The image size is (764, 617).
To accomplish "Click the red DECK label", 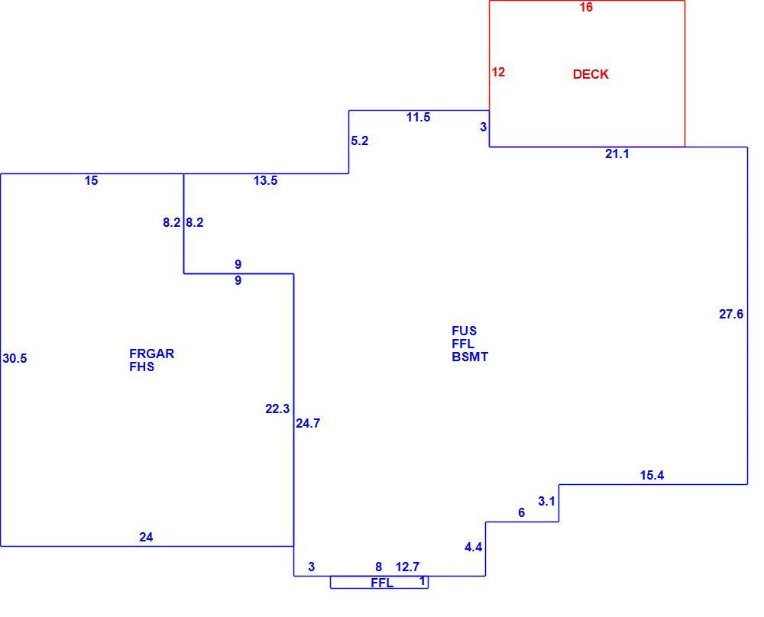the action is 591,74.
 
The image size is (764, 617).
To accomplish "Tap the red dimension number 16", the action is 586,8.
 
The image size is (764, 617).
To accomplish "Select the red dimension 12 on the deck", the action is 498,72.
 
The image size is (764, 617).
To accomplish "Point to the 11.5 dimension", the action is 419,117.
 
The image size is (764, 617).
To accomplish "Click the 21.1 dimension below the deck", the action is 617,154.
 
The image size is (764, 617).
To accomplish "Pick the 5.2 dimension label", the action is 360,141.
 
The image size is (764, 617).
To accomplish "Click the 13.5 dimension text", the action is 266,181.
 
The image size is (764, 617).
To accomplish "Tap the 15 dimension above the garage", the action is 91,181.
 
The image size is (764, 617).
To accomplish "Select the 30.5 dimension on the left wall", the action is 15,358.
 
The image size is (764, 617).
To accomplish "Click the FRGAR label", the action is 151,354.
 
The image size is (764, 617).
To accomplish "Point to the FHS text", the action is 142,367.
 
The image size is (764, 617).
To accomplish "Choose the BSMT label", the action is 470,357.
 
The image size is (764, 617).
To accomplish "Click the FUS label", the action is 464,331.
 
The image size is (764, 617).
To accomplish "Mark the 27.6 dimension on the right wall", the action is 731,314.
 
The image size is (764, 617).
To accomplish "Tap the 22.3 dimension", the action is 277,409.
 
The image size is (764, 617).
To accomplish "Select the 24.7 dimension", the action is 308,424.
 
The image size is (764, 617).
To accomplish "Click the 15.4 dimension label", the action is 652,475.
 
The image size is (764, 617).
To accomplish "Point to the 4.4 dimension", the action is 473,548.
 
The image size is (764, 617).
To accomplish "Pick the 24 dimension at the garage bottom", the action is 146,537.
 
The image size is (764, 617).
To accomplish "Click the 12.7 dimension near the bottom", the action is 407,567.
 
